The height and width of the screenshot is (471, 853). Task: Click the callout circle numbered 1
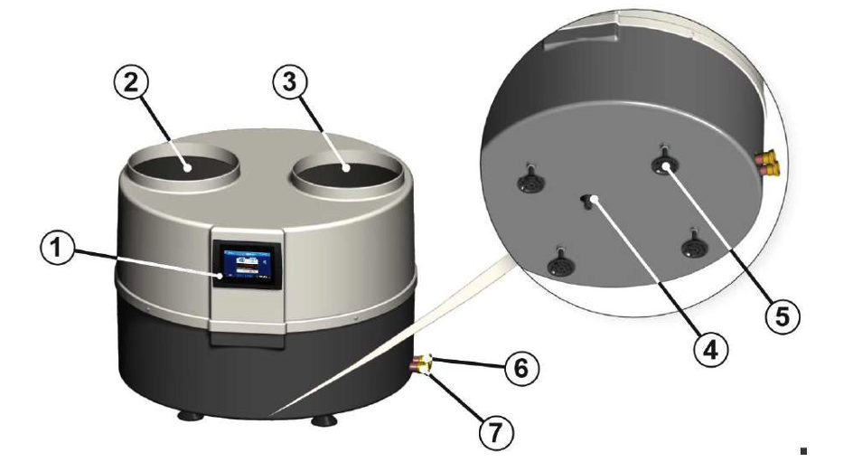(x=57, y=249)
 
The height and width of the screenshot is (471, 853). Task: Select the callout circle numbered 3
(x=290, y=82)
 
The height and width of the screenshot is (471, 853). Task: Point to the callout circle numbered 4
(x=711, y=350)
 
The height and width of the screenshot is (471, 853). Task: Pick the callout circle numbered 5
(x=783, y=316)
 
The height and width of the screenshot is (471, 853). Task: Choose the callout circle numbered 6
(x=521, y=369)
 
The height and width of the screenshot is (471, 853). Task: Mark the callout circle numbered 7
(x=495, y=433)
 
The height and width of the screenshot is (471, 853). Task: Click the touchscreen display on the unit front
(x=248, y=264)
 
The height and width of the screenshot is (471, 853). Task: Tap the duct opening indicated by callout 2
(x=183, y=166)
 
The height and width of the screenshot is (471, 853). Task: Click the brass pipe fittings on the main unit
(x=424, y=364)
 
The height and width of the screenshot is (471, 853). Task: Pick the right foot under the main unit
(x=324, y=420)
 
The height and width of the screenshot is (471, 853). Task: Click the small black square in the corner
(x=803, y=451)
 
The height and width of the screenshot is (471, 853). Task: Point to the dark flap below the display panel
(x=248, y=339)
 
